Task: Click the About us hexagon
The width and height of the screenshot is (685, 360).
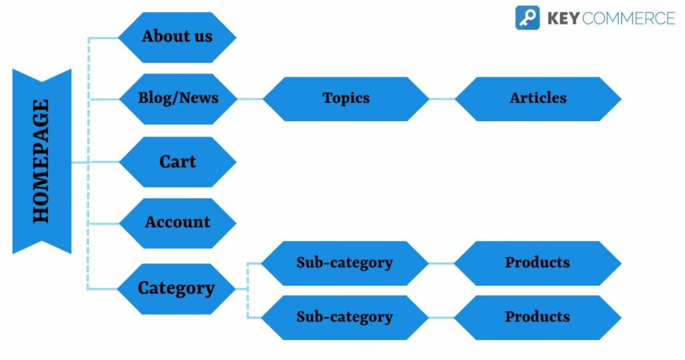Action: [177, 37]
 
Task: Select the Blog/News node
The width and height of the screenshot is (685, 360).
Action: [178, 98]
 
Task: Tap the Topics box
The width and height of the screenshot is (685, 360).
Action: [346, 98]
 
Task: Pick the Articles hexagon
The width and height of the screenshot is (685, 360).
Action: [538, 98]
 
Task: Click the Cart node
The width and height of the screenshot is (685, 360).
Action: [177, 162]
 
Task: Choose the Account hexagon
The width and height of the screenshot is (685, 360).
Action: [177, 223]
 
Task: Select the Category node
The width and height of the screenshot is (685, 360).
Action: [177, 288]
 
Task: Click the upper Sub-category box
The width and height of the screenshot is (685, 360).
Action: [345, 263]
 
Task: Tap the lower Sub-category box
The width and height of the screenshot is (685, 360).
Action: [345, 317]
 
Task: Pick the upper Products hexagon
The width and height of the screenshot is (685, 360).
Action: [537, 263]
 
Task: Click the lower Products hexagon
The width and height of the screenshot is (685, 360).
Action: [537, 317]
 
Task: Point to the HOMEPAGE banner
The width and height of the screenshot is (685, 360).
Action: [41, 161]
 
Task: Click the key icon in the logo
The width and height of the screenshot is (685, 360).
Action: [527, 17]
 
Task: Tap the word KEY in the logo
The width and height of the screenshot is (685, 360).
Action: [563, 18]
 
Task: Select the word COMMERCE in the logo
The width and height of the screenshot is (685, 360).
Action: [628, 18]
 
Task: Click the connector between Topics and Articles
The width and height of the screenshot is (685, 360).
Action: [442, 99]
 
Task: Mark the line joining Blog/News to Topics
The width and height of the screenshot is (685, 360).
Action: [250, 99]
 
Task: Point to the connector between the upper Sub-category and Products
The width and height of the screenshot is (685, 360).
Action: [442, 263]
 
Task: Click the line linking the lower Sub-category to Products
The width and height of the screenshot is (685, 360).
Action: [442, 317]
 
